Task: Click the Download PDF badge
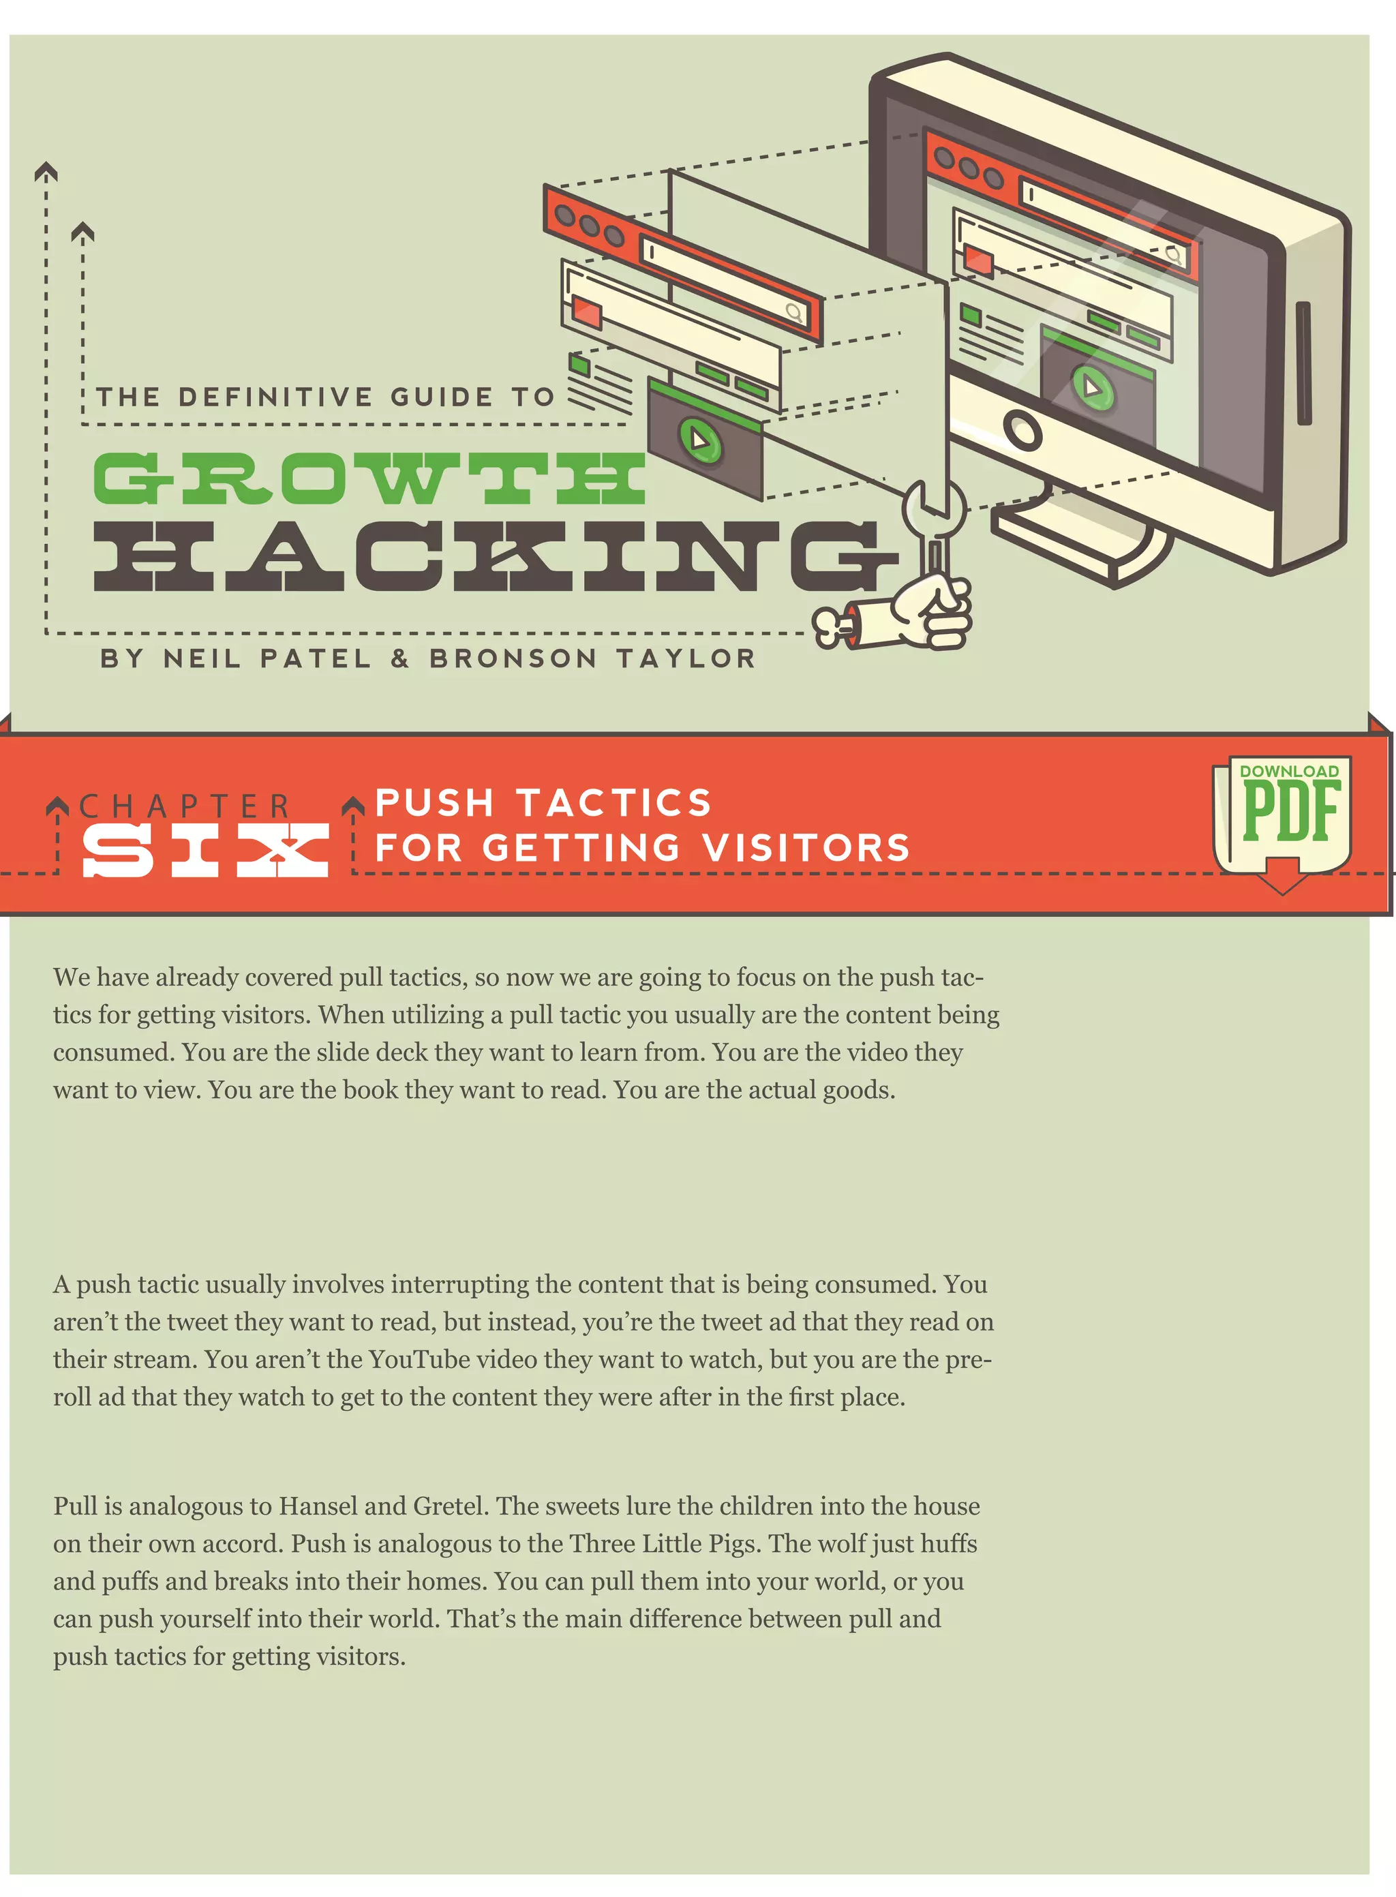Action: click(1282, 815)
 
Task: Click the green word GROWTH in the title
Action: click(369, 479)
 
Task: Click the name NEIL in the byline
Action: click(202, 658)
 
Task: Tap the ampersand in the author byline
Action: click(399, 658)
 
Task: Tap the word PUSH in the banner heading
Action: click(434, 803)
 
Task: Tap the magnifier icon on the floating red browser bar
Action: click(794, 313)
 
